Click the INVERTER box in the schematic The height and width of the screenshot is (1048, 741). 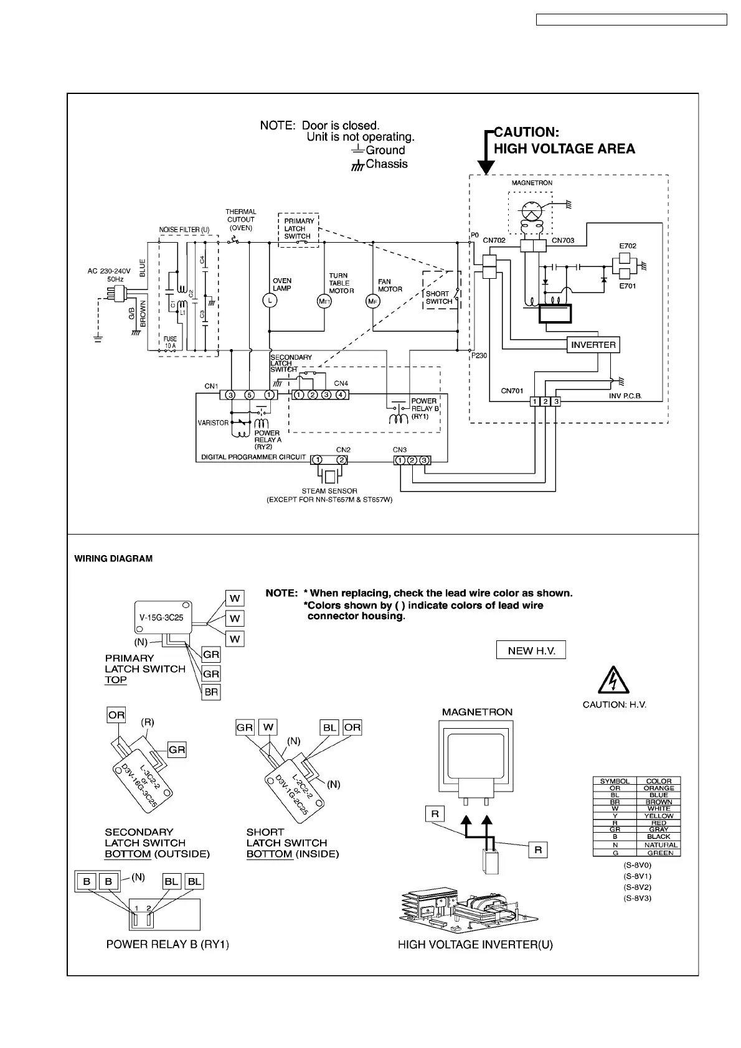593,345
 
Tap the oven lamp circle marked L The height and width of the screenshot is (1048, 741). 269,301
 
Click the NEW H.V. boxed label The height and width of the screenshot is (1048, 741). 531,650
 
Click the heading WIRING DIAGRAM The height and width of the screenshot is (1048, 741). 113,558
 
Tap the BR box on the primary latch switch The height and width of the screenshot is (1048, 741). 212,691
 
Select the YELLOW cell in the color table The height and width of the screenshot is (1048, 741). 658,815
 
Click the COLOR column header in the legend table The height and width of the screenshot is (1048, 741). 658,780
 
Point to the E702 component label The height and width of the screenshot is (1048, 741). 628,246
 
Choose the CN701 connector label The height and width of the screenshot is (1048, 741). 512,391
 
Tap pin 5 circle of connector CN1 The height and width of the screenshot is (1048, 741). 249,395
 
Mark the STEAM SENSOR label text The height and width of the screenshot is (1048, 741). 329,491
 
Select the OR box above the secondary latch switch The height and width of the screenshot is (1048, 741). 116,715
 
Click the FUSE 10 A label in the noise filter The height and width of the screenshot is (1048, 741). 171,342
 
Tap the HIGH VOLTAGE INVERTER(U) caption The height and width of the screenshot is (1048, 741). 475,962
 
